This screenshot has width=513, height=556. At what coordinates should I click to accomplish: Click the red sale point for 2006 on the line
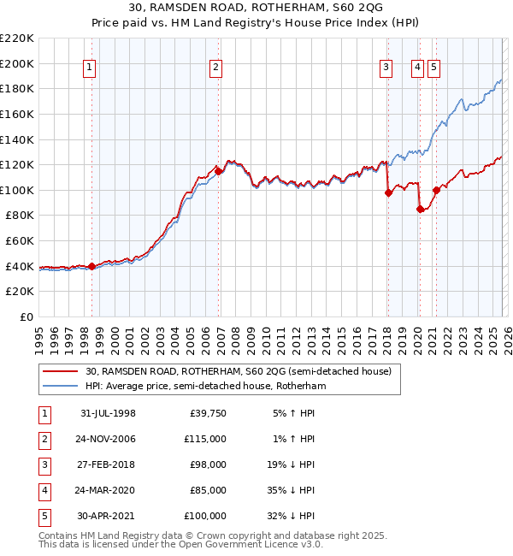pyautogui.click(x=218, y=171)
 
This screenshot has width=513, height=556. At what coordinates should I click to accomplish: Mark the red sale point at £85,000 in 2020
pyautogui.click(x=420, y=209)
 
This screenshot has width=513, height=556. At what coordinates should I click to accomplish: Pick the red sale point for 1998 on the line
pyautogui.click(x=92, y=266)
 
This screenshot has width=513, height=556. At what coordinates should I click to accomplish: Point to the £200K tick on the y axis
pyautogui.click(x=18, y=63)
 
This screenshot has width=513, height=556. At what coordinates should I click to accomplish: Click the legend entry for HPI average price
pyautogui.click(x=205, y=386)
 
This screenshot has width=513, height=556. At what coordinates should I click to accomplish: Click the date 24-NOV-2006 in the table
pyautogui.click(x=108, y=439)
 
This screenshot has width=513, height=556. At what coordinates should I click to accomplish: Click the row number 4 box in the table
pyautogui.click(x=43, y=490)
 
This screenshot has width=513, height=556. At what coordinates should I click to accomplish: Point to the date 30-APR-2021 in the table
pyautogui.click(x=108, y=516)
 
